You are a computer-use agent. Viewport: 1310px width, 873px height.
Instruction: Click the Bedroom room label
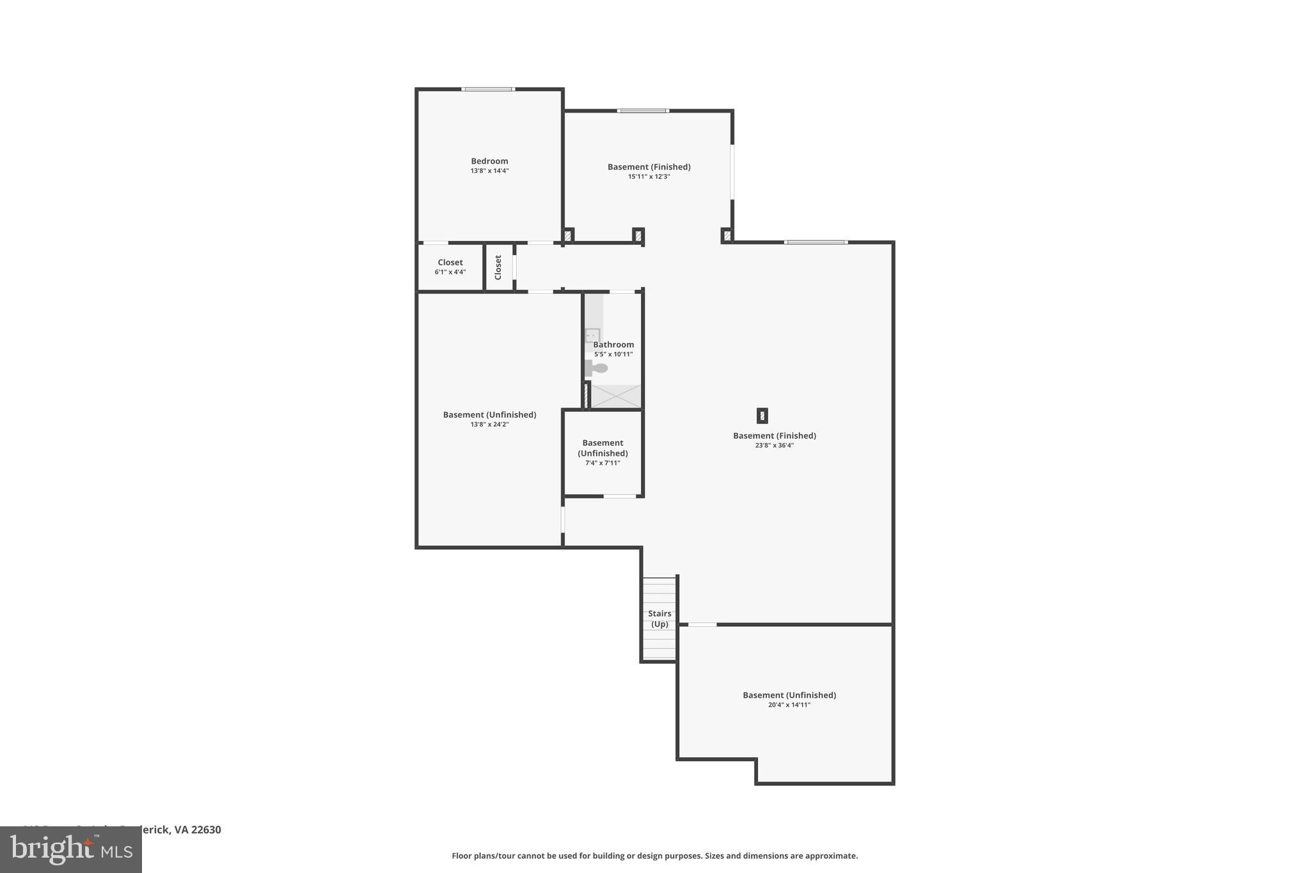489,161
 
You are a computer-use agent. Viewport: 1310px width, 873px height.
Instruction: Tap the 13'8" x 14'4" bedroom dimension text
489,171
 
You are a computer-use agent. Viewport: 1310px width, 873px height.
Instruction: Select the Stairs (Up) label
659,618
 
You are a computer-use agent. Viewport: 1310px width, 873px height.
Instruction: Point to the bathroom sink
592,335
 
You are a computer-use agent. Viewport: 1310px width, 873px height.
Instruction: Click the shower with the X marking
615,396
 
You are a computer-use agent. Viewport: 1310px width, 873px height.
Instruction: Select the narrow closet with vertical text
498,267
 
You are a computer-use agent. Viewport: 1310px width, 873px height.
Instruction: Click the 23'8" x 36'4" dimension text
774,446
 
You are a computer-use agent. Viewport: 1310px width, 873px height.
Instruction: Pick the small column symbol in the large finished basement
762,416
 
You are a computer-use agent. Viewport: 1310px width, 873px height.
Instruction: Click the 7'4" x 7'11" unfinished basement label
603,463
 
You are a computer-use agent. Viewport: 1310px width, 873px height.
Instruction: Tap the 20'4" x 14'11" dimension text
789,705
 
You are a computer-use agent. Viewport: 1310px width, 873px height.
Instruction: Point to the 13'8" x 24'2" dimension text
489,424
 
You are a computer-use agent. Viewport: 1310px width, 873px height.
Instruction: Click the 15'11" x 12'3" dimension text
649,177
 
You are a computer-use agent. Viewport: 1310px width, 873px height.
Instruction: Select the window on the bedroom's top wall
488,89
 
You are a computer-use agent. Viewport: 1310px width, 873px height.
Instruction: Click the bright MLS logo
70,849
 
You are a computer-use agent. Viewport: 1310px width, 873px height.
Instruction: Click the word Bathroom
613,345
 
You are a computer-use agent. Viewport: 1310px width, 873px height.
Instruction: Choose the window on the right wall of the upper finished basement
732,172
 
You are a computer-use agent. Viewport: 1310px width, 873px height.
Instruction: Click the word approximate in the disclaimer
831,856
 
